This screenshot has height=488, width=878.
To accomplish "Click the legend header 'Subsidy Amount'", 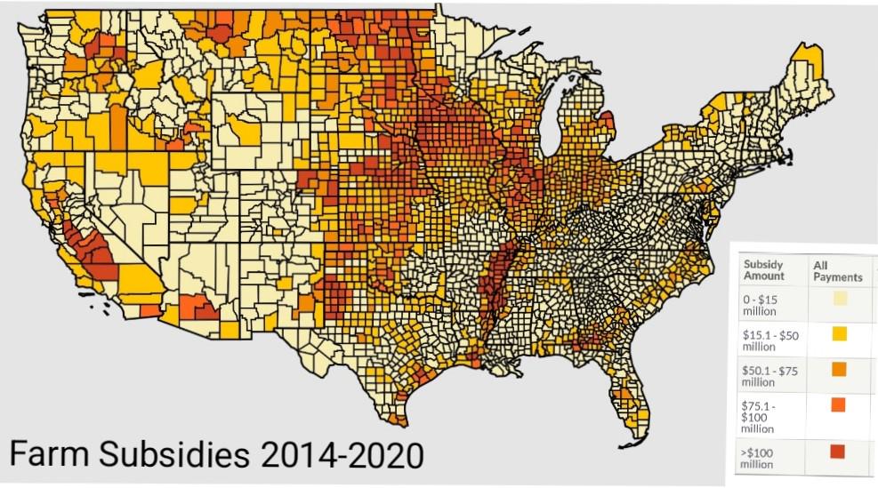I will click(x=764, y=270).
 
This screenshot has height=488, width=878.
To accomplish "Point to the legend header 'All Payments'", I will click(x=837, y=270).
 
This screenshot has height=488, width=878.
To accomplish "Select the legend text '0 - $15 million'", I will click(x=761, y=306).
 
